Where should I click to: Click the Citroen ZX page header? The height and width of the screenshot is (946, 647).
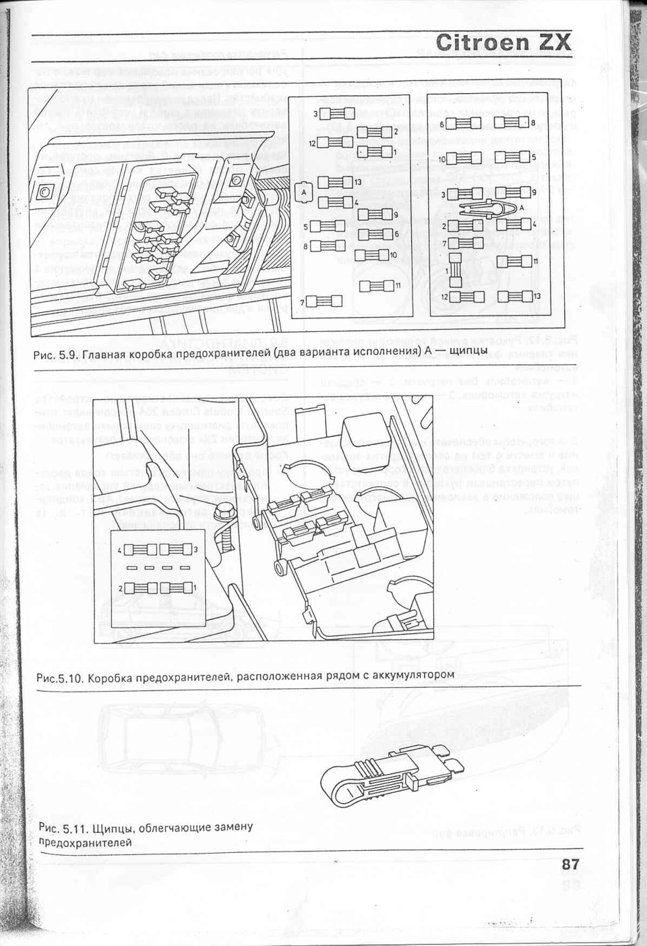503,42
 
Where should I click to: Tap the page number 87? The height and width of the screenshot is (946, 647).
569,865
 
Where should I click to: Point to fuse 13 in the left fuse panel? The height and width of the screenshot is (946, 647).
335,182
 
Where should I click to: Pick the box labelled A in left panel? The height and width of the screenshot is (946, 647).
303,191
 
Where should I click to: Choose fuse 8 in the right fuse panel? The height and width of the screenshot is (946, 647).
512,122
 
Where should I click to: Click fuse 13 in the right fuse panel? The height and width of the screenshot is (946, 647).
514,296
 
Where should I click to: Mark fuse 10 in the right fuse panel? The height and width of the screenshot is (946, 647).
464,158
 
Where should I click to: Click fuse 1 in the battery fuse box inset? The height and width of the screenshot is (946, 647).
177,587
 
